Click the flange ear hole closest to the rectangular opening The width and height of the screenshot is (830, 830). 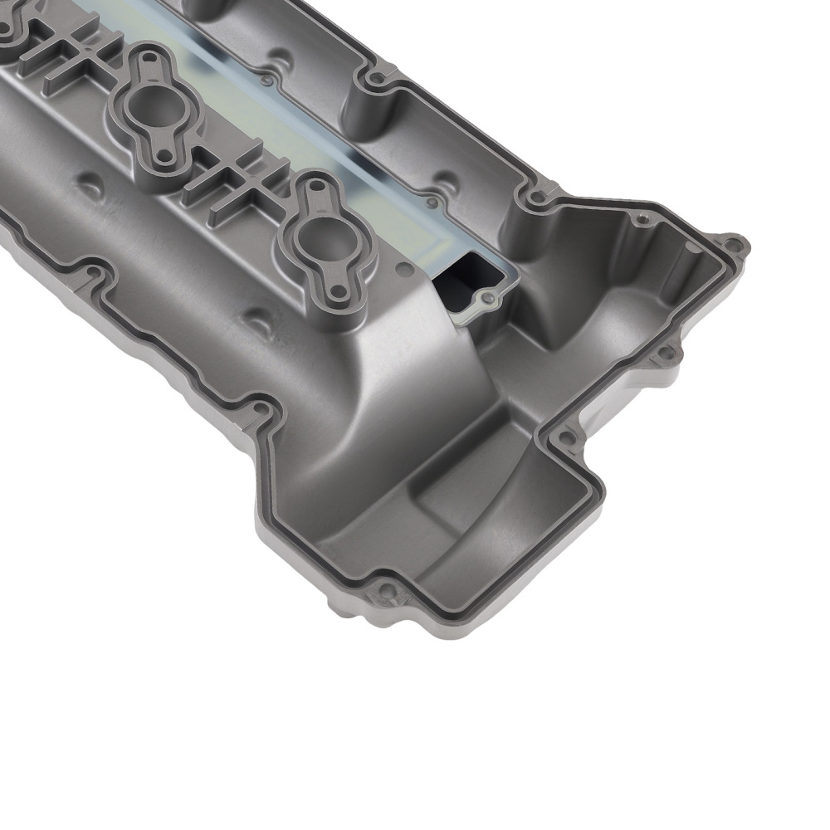click(x=339, y=293)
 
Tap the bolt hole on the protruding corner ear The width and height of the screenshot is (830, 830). click(x=733, y=246)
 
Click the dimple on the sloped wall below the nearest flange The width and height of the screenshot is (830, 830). click(x=260, y=317)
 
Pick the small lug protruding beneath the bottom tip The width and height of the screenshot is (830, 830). click(x=342, y=614)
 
